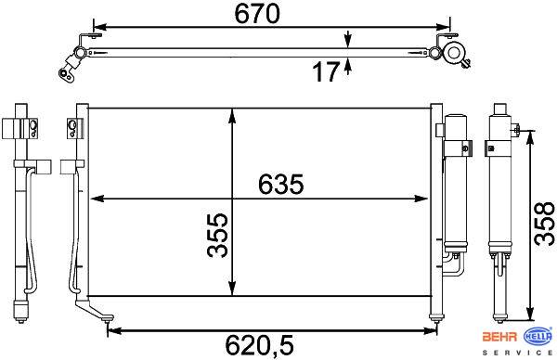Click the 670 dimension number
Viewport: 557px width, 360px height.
coord(257,14)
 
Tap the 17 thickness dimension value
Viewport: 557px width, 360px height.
coord(326,71)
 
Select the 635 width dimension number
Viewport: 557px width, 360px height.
coord(280,185)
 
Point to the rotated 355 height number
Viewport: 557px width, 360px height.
coord(217,235)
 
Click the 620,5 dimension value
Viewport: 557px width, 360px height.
coord(260,345)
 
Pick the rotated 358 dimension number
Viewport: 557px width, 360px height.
coord(545,224)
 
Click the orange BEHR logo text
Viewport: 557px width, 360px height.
coord(499,337)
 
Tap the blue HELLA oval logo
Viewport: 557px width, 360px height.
coord(538,336)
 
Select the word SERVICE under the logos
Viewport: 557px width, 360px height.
coord(517,353)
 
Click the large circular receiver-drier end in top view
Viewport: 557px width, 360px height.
coord(454,53)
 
